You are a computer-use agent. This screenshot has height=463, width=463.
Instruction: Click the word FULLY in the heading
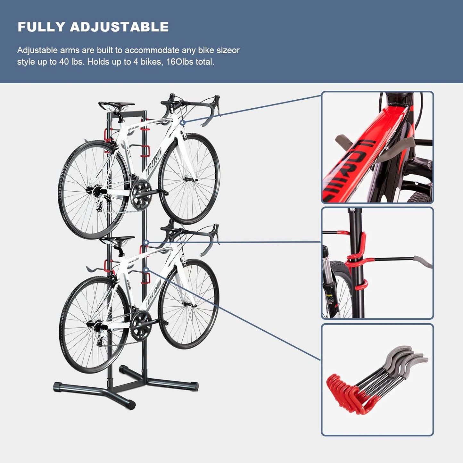(41, 27)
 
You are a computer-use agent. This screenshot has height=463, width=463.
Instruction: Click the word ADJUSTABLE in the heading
(119, 27)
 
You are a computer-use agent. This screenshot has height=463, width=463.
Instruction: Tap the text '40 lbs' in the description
(69, 62)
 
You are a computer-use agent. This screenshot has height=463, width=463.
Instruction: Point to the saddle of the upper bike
(116, 105)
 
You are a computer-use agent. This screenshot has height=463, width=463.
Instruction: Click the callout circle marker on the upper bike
(182, 123)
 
